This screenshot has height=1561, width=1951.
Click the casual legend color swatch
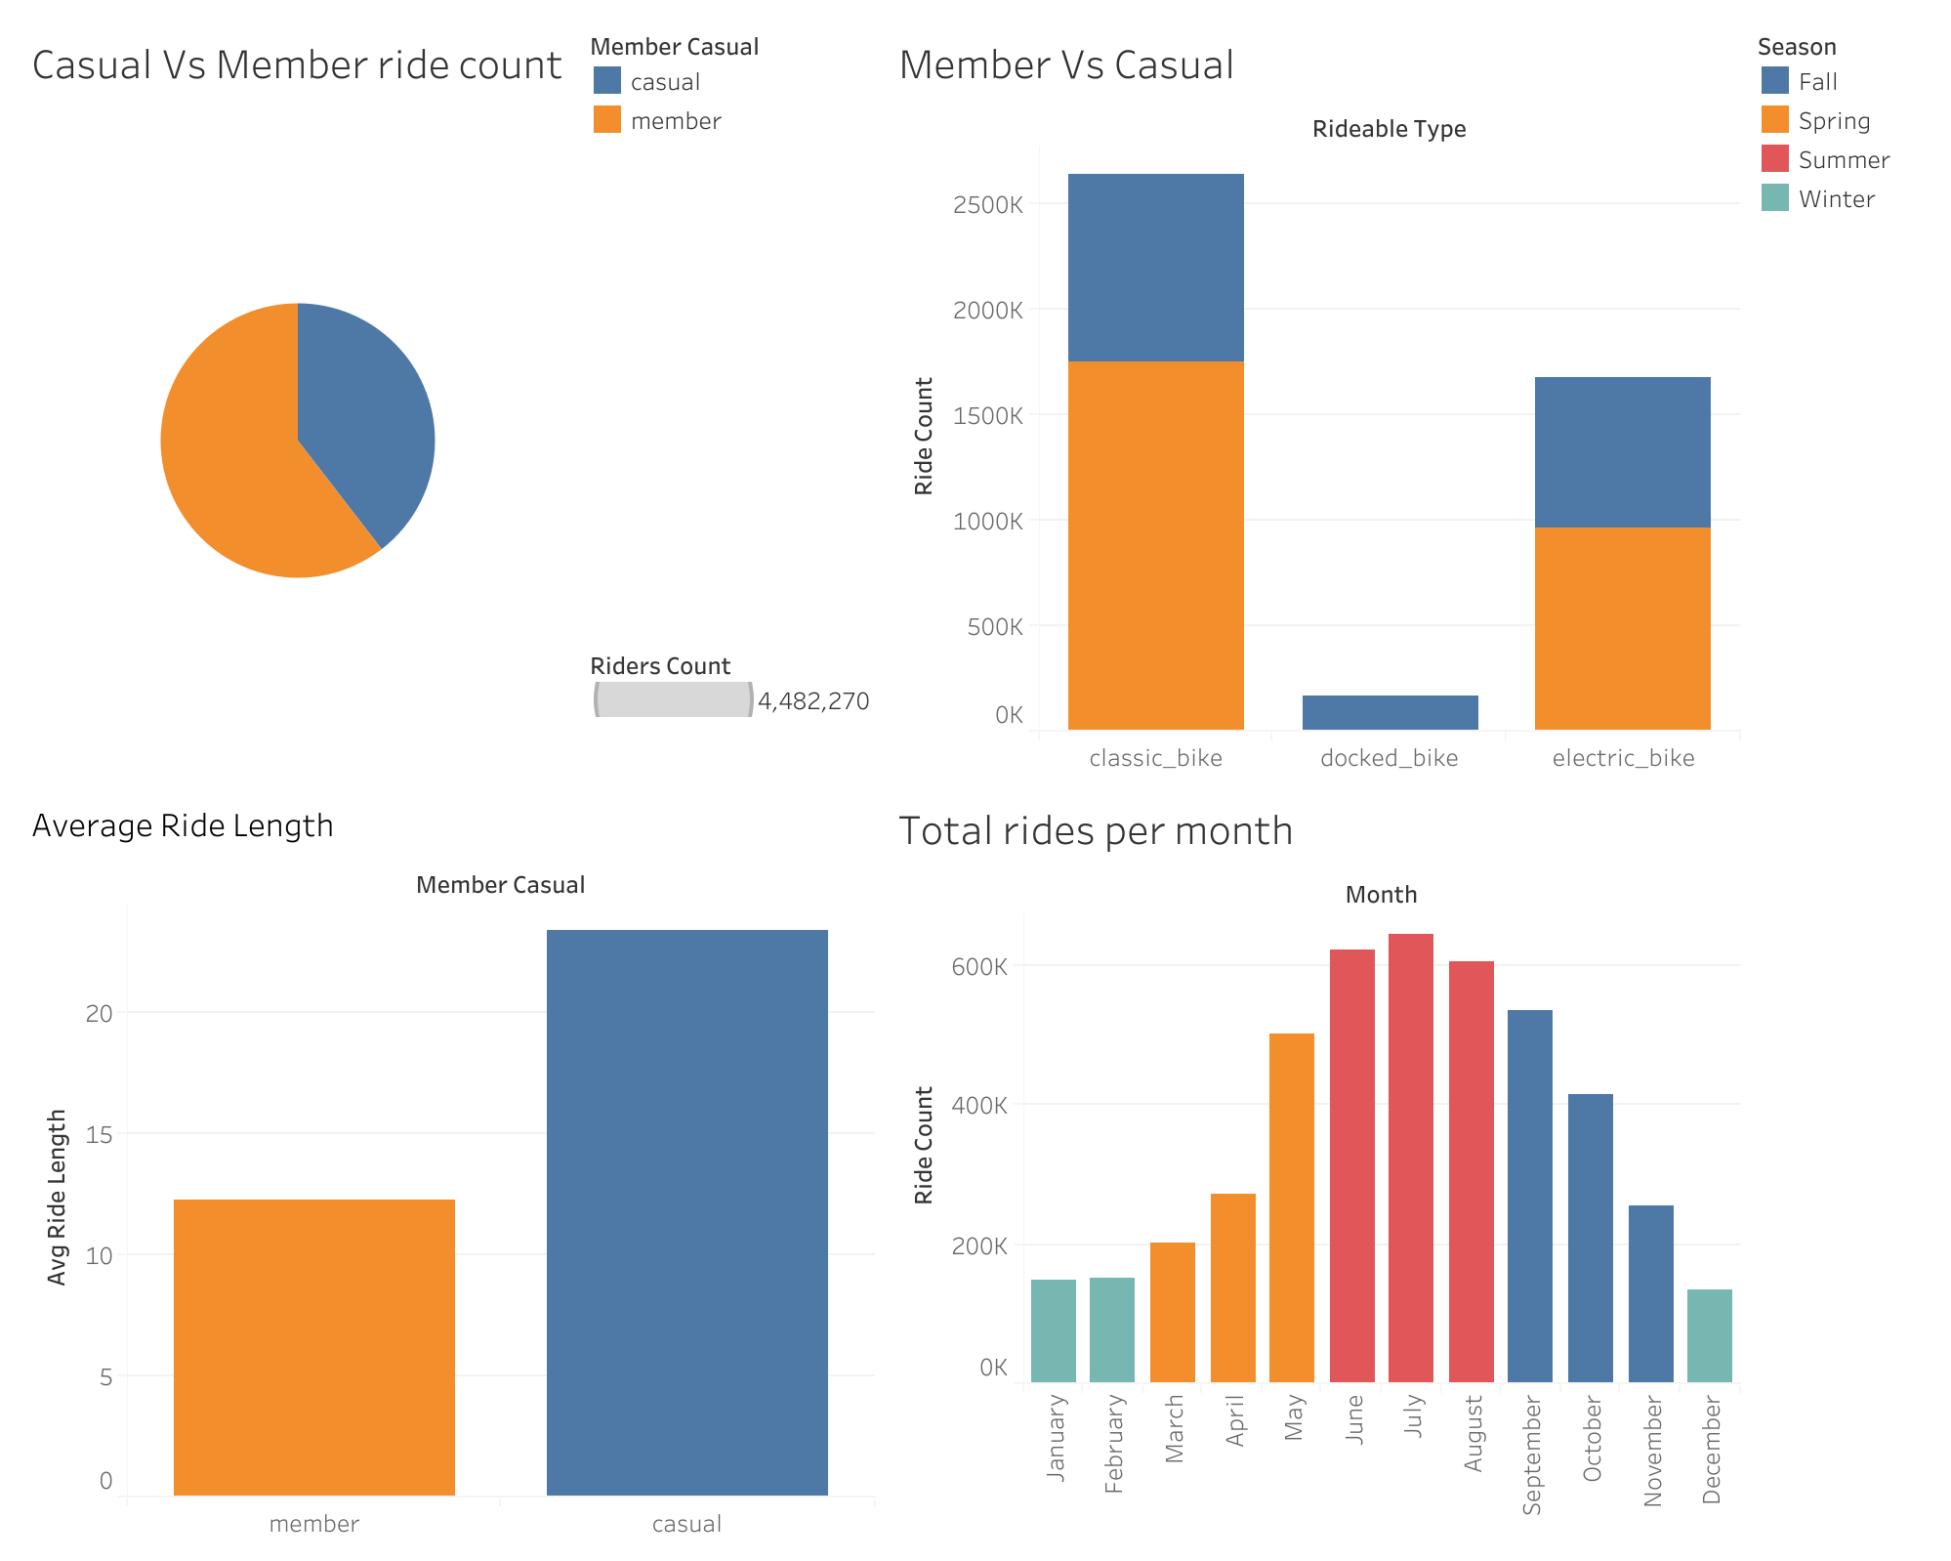tap(606, 81)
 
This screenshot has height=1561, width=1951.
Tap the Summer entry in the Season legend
tap(1843, 159)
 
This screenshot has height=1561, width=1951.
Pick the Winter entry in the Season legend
tap(1836, 198)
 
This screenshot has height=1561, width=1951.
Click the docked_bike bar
tap(1390, 712)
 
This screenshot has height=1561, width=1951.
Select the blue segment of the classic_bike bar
tap(1155, 268)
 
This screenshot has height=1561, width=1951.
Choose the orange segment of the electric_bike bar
tap(1622, 628)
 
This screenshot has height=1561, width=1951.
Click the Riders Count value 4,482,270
tap(812, 701)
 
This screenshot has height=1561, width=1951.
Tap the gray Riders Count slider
tap(674, 699)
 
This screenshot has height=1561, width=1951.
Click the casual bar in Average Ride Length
tap(686, 1211)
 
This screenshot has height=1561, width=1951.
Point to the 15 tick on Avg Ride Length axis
tap(100, 1134)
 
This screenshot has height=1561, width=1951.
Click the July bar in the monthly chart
tap(1410, 1158)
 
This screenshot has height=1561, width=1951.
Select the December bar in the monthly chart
tap(1709, 1335)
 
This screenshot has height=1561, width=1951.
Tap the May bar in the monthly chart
tap(1291, 1207)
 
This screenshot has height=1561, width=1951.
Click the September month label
tap(1531, 1455)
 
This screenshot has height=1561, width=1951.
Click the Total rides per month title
tap(1095, 831)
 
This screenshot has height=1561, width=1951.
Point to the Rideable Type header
tap(1388, 129)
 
